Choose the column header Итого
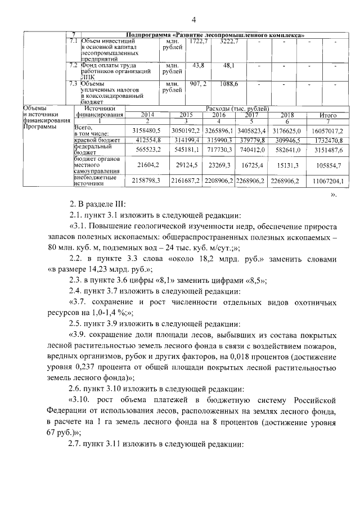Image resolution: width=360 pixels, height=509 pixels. (327, 114)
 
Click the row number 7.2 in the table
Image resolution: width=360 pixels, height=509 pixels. (72, 66)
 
